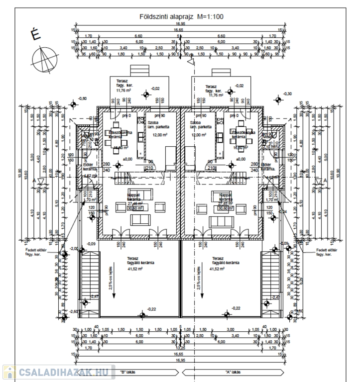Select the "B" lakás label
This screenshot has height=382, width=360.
[x=128, y=372]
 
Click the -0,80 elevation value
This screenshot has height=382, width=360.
[x=82, y=98]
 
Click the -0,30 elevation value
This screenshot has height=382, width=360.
[x=287, y=94]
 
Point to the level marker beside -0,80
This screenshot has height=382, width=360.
[x=74, y=104]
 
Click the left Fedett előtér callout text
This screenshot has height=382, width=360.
[x=38, y=252]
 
